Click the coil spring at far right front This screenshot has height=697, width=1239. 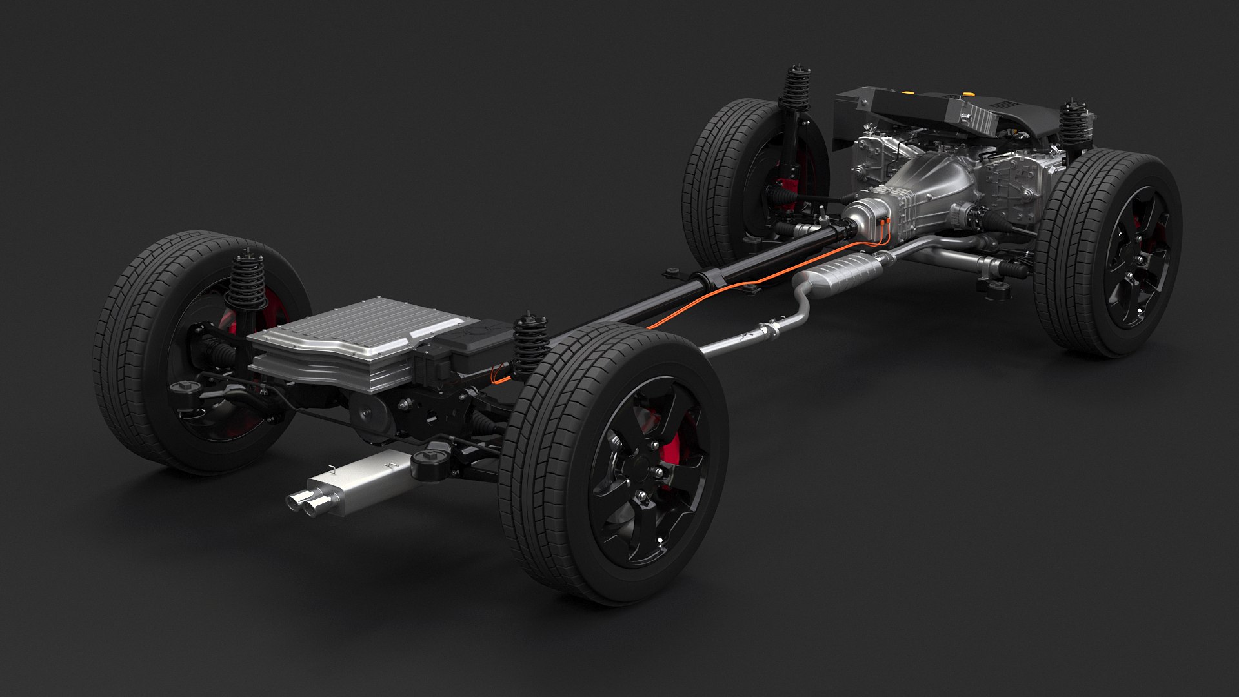tap(1073, 126)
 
